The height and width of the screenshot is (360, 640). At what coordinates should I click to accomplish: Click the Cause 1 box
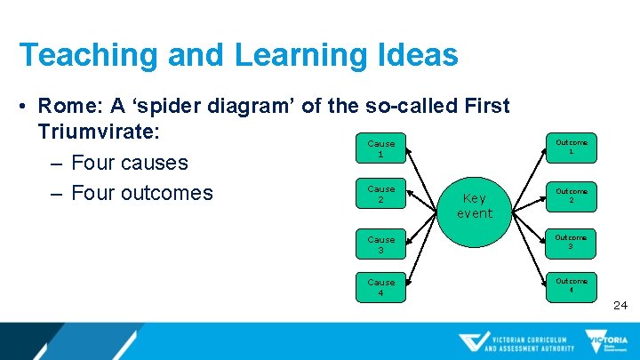[380, 148]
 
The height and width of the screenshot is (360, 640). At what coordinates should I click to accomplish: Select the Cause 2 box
[380, 194]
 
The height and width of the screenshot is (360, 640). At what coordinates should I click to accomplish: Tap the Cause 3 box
[380, 244]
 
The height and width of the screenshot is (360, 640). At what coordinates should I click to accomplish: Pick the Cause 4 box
[380, 287]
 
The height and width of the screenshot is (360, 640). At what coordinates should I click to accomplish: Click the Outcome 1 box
[572, 147]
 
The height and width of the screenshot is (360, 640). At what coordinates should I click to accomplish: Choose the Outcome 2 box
[572, 196]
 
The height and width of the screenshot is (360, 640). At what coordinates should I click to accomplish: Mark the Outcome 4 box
[572, 285]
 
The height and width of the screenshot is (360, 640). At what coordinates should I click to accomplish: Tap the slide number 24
[620, 305]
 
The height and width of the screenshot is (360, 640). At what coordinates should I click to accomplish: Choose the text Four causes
[129, 163]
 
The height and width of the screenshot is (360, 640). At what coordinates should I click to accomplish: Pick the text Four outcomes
[141, 193]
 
